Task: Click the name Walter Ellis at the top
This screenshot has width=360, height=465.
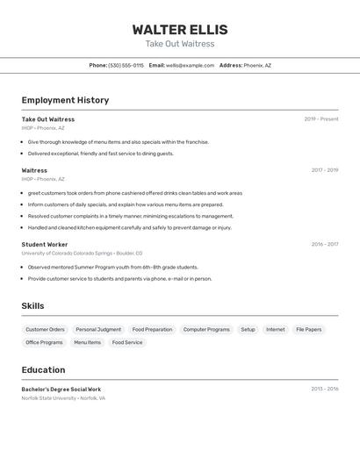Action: (x=180, y=30)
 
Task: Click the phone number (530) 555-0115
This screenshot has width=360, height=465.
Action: (x=126, y=65)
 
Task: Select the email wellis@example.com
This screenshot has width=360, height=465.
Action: (x=190, y=65)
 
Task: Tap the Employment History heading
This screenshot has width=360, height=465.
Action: (x=65, y=100)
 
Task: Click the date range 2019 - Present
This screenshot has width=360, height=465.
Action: (x=320, y=119)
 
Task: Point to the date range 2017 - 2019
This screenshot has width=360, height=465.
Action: (x=324, y=170)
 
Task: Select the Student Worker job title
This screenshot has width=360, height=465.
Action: (x=45, y=245)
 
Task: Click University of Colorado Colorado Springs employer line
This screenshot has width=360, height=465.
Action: (x=82, y=253)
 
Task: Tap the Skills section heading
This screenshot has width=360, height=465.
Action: (x=32, y=306)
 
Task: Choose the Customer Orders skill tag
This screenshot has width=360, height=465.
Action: (x=45, y=330)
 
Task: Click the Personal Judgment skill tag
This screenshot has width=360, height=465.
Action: (x=98, y=330)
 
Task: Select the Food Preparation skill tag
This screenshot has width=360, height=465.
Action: (x=152, y=330)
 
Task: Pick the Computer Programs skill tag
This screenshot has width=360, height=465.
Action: (x=206, y=330)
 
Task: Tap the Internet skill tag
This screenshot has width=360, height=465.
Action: (x=275, y=330)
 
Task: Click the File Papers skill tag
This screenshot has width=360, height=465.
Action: (x=308, y=330)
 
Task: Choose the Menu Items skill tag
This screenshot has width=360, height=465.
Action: (x=87, y=343)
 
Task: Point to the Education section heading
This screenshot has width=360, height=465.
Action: (x=43, y=370)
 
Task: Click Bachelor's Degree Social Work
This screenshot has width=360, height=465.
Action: (x=61, y=390)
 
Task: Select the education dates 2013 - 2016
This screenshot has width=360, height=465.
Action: (x=324, y=389)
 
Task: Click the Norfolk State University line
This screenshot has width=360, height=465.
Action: (x=63, y=398)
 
